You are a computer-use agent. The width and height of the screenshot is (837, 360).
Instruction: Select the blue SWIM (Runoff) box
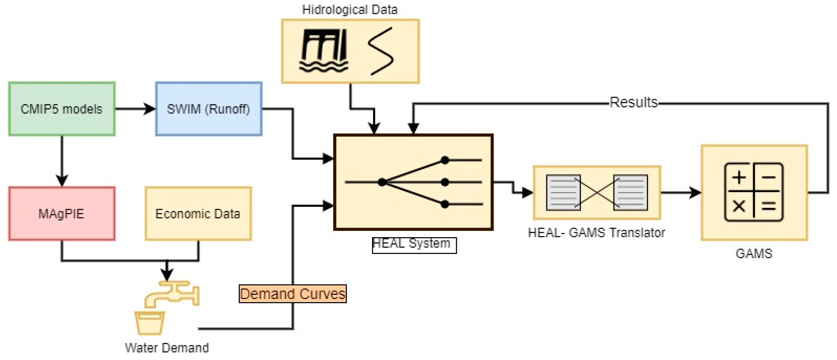tap(208, 109)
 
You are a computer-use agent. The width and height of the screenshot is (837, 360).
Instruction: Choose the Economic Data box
tap(198, 213)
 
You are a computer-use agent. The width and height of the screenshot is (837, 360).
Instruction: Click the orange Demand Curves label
tap(292, 294)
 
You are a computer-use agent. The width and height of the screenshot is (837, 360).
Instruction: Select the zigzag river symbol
tap(381, 51)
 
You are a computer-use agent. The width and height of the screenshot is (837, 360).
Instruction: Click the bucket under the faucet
tap(150, 323)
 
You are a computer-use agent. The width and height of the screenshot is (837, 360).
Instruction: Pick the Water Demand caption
tap(167, 348)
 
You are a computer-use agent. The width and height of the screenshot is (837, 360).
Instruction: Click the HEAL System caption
tap(411, 243)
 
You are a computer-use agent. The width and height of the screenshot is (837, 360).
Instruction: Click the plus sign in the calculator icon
tap(739, 178)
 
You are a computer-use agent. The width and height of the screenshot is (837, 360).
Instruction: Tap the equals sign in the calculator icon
tap(769, 206)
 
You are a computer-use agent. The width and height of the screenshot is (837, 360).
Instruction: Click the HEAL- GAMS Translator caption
tap(596, 233)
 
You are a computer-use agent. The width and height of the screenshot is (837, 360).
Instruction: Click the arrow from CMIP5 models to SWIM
tap(135, 109)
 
